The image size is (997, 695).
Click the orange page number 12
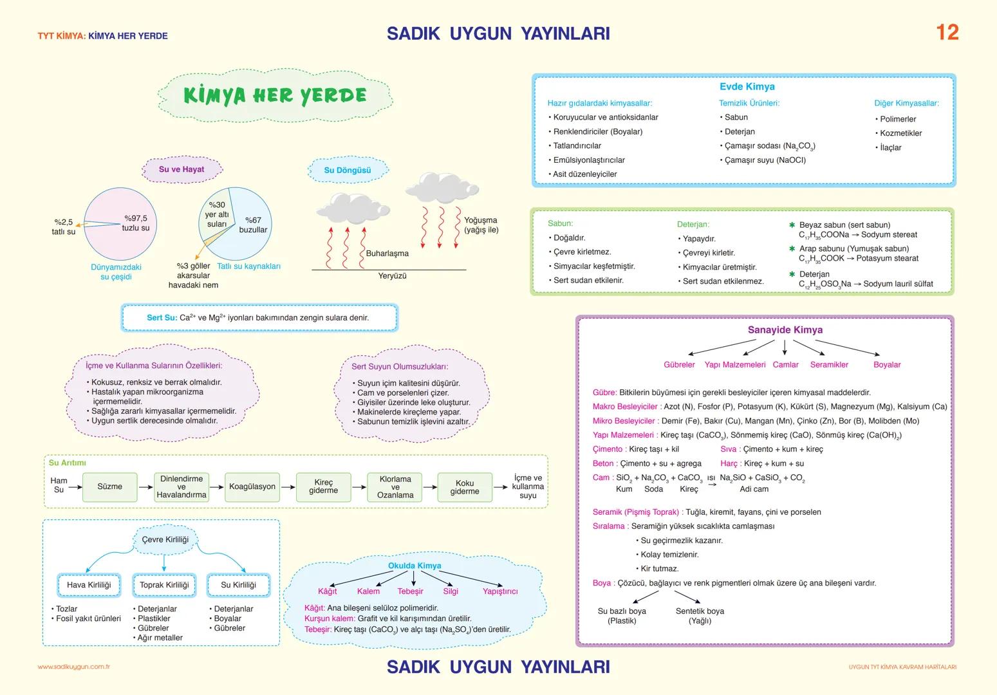coord(947,32)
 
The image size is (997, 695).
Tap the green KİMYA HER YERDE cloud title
coord(275,96)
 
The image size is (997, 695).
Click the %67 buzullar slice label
coord(253,225)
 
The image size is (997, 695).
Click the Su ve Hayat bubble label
coord(182,169)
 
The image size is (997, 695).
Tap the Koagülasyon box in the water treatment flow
coord(252,487)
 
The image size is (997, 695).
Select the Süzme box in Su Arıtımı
coord(109,487)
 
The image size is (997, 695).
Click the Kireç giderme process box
coord(323,487)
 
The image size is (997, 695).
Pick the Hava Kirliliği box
coord(89,585)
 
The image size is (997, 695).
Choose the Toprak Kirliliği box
coord(164,585)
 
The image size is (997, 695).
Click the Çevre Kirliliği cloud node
coord(165,539)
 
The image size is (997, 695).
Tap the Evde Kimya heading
coord(747,87)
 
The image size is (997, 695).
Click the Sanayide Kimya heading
coord(785,330)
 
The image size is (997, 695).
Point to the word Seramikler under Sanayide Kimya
coord(829,365)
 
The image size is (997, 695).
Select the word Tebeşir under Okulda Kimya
coord(410,591)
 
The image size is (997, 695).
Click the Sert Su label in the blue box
coord(162,318)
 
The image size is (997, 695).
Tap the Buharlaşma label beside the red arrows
coord(387,254)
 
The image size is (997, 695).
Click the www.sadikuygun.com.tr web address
coord(74,667)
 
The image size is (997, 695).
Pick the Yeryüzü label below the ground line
coord(392,276)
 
